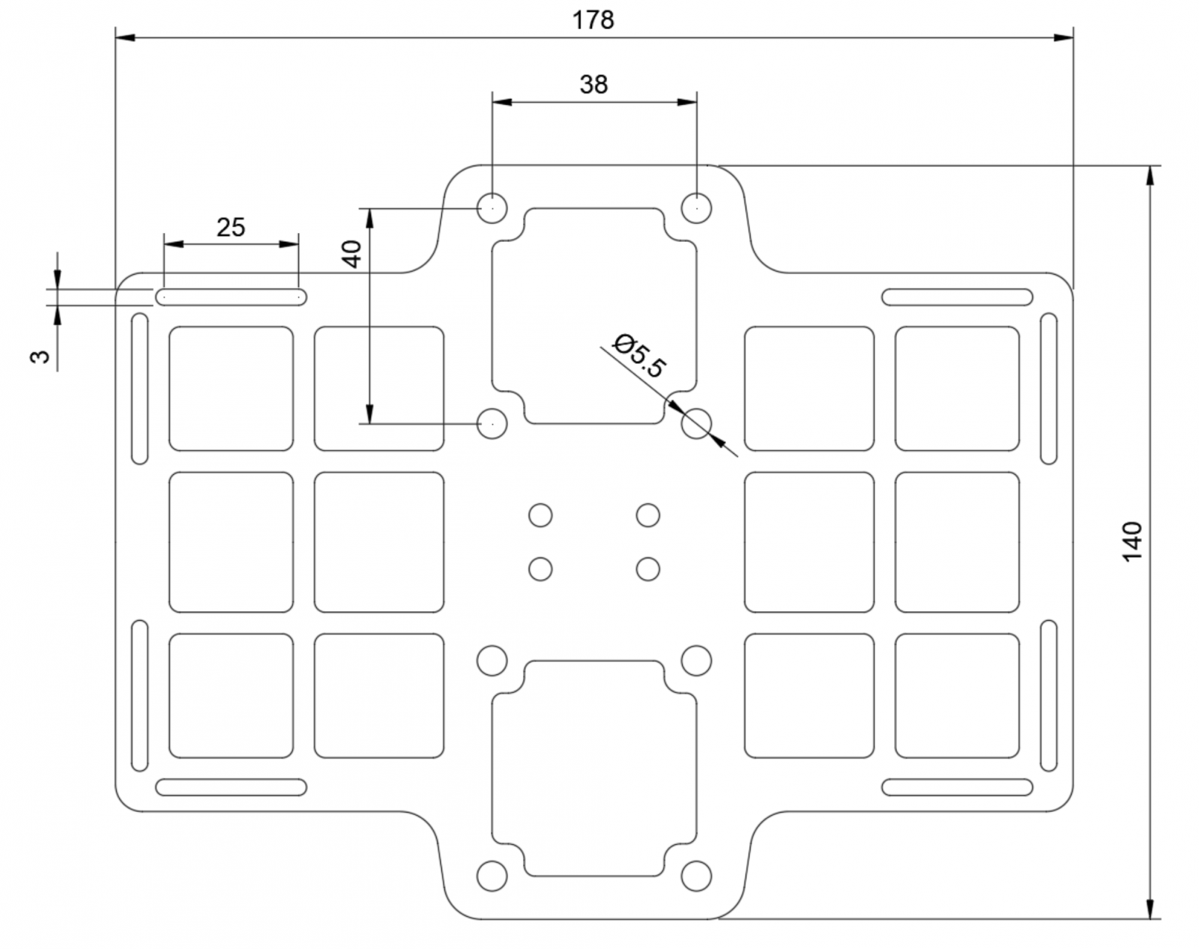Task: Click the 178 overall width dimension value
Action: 594,20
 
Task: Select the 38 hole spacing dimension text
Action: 594,85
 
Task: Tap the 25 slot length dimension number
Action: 231,227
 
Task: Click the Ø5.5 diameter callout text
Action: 639,356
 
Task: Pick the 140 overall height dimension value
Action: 1132,542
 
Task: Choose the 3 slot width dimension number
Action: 40,357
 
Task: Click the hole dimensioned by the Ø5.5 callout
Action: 696,423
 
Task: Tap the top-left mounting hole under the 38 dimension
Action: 492,208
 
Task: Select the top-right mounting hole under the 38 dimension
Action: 697,208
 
